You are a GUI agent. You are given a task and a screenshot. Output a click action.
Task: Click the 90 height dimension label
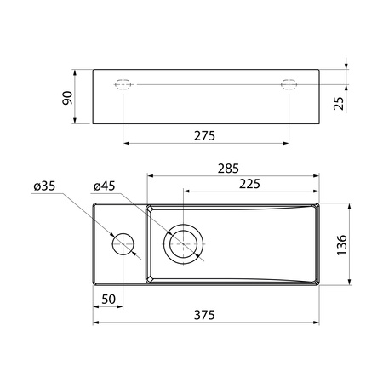pyautogui.click(x=67, y=98)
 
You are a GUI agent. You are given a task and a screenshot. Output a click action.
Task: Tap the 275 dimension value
pyautogui.click(x=204, y=136)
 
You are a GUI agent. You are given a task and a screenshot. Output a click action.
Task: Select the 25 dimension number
pyautogui.click(x=339, y=103)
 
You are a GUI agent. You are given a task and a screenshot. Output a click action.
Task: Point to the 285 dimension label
pyautogui.click(x=228, y=169)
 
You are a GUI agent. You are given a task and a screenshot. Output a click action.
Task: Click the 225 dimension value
pyautogui.click(x=249, y=184)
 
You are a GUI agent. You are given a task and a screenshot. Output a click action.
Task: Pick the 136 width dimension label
pyautogui.click(x=342, y=245)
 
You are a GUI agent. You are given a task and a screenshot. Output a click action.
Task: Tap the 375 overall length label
pyautogui.click(x=204, y=315)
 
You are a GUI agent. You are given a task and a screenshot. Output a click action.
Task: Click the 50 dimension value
pyautogui.click(x=109, y=300)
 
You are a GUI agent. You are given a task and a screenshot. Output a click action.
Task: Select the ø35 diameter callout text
pyautogui.click(x=44, y=186)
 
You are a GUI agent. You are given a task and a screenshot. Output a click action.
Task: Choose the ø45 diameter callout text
pyautogui.click(x=104, y=186)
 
